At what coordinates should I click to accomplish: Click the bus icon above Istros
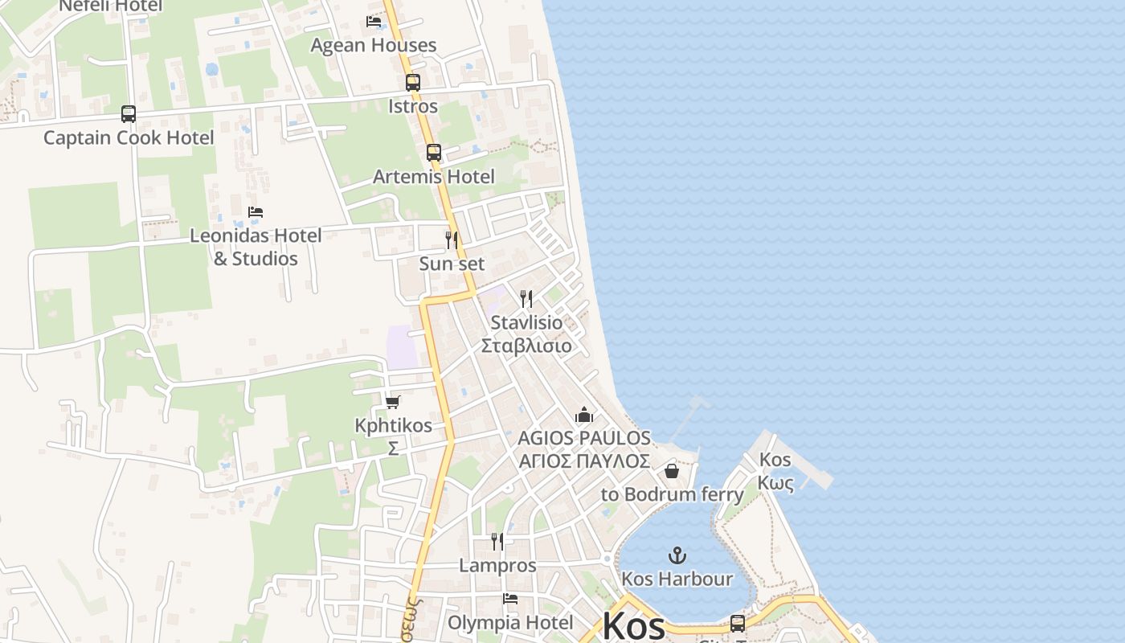click(412, 82)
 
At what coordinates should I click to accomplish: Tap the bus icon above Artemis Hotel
click(434, 152)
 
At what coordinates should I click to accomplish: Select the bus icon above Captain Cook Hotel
click(129, 113)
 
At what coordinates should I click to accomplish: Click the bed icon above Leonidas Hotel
click(256, 212)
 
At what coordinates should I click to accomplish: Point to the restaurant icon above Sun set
click(452, 240)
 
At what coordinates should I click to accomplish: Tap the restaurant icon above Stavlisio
click(526, 299)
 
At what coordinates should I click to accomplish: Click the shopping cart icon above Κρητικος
click(392, 402)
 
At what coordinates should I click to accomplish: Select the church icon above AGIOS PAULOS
click(584, 415)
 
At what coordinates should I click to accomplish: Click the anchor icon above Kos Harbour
click(677, 555)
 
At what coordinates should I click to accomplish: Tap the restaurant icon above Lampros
click(497, 542)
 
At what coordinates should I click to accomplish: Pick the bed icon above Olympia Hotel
click(509, 599)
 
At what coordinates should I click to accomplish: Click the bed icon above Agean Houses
click(374, 22)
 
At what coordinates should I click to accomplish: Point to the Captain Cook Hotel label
click(129, 137)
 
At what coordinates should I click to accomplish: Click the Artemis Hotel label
click(434, 176)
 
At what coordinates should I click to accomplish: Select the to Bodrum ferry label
click(673, 494)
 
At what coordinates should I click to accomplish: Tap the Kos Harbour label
click(677, 579)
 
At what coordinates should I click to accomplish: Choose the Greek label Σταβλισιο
click(526, 346)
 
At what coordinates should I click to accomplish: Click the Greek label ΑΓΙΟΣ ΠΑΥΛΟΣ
click(584, 461)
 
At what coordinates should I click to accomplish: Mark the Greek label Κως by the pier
click(775, 483)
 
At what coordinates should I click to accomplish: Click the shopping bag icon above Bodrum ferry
click(672, 471)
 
